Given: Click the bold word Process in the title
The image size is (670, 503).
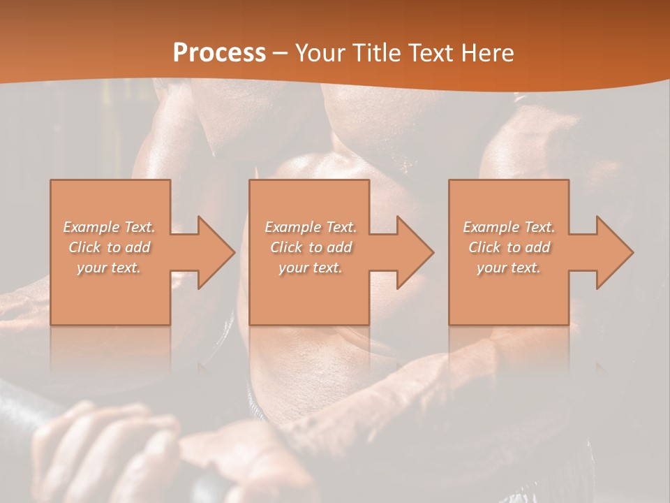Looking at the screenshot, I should coord(219,53).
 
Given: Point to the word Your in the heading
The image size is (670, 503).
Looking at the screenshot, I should coord(321,53).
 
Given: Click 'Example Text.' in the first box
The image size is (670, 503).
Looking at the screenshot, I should coord(110,227).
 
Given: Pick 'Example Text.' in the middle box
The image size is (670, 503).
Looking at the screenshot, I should coord(311,227).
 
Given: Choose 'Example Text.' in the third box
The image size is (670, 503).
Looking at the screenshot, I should coord(509,227).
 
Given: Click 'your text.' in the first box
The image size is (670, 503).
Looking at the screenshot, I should coord(110,268).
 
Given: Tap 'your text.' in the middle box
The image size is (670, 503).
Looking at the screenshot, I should coord(311,268).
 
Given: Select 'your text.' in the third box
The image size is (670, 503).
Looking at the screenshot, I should coord(509,268).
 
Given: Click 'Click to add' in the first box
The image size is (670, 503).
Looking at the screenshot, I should coord(110,247).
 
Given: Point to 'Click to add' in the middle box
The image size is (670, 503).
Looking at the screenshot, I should coord(311,247).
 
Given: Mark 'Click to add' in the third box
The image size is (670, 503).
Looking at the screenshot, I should coord(509,247).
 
